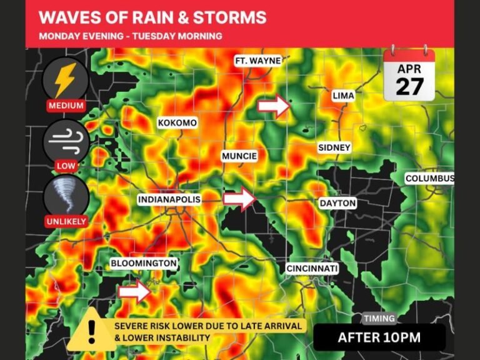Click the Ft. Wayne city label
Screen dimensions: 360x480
click(258, 61)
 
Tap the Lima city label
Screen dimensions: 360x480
click(343, 96)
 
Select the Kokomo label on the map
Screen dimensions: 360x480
click(177, 122)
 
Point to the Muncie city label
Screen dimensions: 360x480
click(239, 156)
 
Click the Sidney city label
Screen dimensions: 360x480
click(334, 147)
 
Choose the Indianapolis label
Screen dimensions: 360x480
click(169, 199)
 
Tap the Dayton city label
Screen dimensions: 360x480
click(337, 203)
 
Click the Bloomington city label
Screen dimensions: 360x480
click(144, 263)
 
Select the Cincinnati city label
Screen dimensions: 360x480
click(312, 268)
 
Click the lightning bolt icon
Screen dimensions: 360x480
click(66, 79)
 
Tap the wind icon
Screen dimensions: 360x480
click(66, 141)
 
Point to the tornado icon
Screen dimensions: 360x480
click(66, 196)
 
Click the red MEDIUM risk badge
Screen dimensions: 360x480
click(66, 106)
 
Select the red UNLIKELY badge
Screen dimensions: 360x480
click(66, 221)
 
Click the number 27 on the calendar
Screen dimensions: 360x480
click(409, 86)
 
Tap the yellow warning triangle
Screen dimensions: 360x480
click(91, 328)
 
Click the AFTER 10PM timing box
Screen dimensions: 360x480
click(379, 337)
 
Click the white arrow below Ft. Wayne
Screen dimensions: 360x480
click(274, 107)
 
